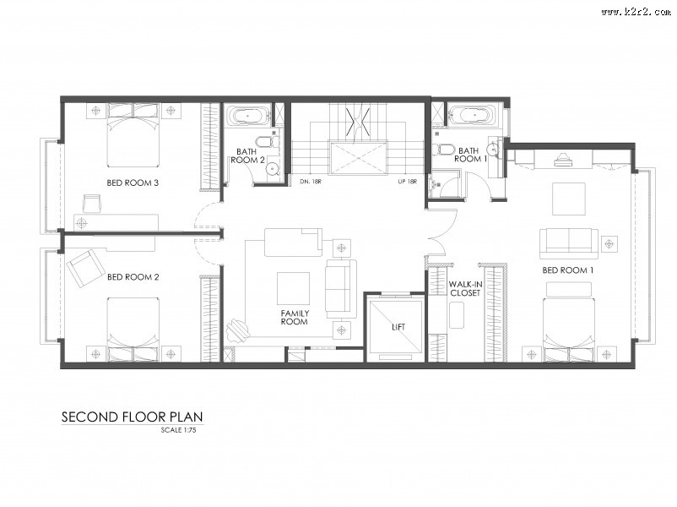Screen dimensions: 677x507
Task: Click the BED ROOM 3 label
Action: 133,183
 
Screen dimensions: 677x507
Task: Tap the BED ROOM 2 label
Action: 133,277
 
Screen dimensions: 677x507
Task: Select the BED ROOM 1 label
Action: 568,270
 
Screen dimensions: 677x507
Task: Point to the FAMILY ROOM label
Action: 295,317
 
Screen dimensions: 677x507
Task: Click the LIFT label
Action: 398,327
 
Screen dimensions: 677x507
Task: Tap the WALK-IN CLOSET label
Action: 465,288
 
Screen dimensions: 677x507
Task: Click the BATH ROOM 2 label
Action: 247,155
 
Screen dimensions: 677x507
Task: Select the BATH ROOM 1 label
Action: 470,155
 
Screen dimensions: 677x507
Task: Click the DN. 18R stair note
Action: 311,182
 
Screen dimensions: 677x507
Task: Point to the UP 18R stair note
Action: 407,182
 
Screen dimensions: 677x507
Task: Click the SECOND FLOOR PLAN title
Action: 133,417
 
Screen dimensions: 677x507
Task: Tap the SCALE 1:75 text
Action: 178,430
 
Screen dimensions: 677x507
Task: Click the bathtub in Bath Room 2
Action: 247,116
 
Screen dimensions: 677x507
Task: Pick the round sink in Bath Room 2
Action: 273,167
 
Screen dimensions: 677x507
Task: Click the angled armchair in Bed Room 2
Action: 85,268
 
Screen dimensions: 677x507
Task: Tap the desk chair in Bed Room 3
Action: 91,203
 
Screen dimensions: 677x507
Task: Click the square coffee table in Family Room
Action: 293,288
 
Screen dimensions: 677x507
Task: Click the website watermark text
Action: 636,12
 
